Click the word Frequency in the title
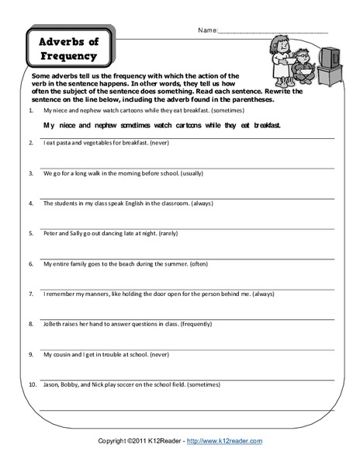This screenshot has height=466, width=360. point(67,55)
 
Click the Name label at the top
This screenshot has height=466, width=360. point(208,32)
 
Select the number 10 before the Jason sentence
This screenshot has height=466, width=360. point(29,382)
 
